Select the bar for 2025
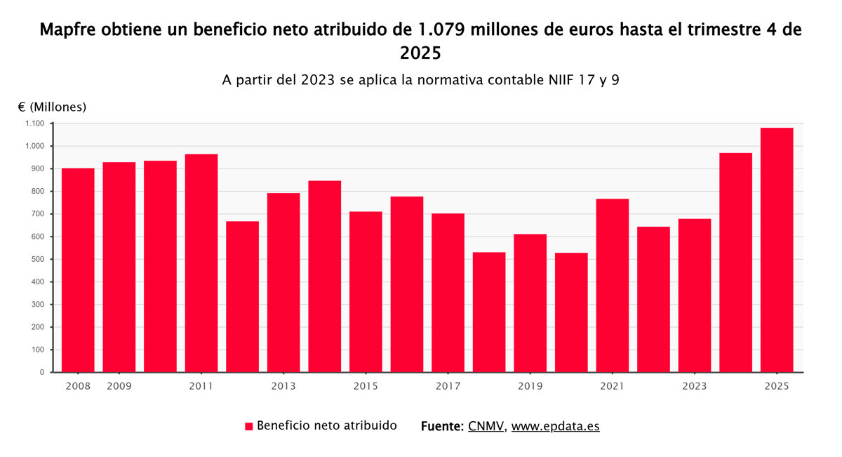[777, 250]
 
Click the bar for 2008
[78, 270]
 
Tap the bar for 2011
[201, 263]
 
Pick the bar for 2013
[283, 282]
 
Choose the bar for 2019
[530, 303]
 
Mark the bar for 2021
[613, 285]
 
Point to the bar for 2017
[448, 293]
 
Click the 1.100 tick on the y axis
[34, 124]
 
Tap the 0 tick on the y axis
[42, 372]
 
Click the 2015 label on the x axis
[366, 386]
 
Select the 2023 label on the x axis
[695, 386]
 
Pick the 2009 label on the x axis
[119, 386]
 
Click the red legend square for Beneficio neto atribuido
[248, 426]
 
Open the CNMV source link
[486, 426]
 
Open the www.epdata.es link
[555, 426]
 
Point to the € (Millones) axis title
[52, 107]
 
